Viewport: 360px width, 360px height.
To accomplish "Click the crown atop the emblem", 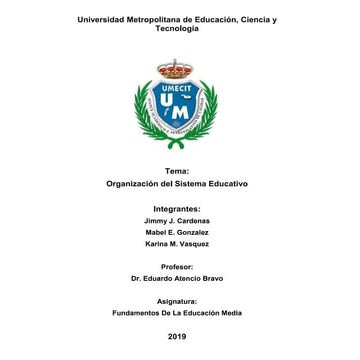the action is pyautogui.click(x=175, y=70).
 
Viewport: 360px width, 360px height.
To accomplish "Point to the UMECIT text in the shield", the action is pyautogui.click(x=175, y=88).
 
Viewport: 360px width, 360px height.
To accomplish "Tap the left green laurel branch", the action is pyautogui.click(x=144, y=112).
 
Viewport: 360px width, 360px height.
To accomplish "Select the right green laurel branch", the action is pyautogui.click(x=207, y=112).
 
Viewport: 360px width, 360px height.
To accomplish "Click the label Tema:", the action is pyautogui.click(x=177, y=172).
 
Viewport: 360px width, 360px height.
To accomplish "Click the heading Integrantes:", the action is pyautogui.click(x=177, y=209).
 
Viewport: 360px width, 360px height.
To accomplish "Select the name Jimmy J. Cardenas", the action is pyautogui.click(x=177, y=220).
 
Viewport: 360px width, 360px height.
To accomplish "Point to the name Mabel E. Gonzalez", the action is pyautogui.click(x=177, y=232).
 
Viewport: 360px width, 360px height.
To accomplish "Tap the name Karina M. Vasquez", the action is pyautogui.click(x=177, y=244).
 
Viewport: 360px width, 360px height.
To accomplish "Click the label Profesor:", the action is pyautogui.click(x=177, y=267).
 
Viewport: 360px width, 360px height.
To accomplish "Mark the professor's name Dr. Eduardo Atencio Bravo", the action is pyautogui.click(x=177, y=279).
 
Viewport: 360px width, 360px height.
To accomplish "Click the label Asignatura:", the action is pyautogui.click(x=177, y=301).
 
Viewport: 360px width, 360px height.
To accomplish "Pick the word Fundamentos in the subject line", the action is pyautogui.click(x=133, y=313).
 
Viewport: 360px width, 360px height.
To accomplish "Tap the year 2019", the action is pyautogui.click(x=177, y=337).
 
